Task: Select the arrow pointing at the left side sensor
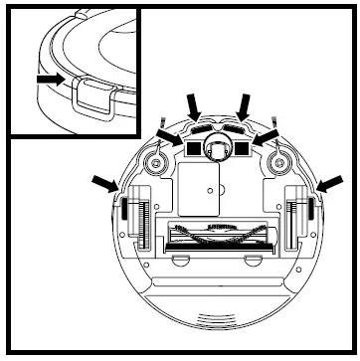[x=103, y=181]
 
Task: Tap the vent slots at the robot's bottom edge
[x=216, y=319]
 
